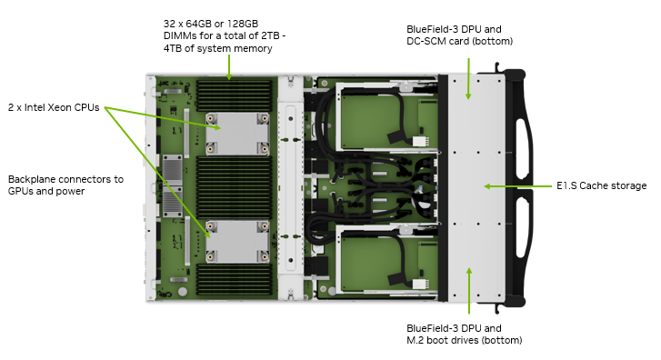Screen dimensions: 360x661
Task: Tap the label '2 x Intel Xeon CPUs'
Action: [54, 106]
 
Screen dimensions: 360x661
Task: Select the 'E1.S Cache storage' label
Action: [601, 185]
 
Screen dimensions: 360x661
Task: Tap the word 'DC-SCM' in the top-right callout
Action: [424, 42]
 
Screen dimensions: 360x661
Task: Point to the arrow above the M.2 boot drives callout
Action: [469, 291]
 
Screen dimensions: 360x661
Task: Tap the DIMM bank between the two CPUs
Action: [235, 186]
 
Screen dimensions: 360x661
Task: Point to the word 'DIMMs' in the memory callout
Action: [180, 34]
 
